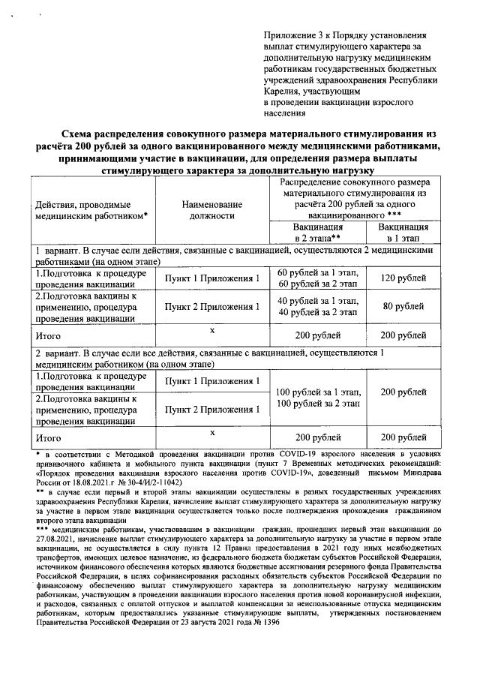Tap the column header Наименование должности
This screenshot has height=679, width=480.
click(212, 209)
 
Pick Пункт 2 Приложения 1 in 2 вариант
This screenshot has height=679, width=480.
click(212, 410)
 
